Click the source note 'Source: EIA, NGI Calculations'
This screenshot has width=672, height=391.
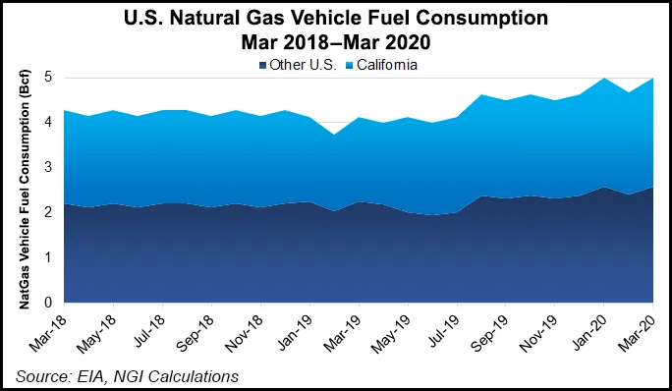tap(126, 375)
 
